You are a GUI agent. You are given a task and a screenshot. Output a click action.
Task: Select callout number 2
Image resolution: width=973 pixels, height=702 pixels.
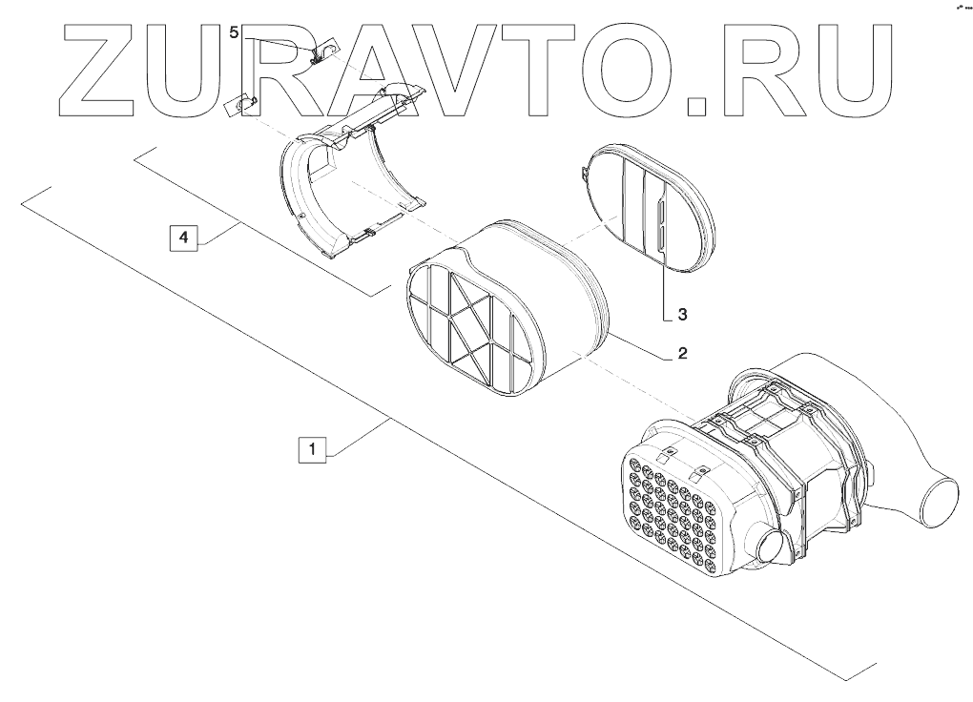(682, 354)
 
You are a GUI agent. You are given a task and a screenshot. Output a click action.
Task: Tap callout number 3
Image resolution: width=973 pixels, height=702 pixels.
(682, 312)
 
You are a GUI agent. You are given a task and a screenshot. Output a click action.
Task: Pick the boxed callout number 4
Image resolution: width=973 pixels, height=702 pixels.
(183, 237)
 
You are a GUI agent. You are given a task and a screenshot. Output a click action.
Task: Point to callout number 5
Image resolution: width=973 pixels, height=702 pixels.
(235, 32)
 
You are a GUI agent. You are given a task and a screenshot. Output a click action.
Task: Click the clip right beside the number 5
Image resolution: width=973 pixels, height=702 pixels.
(323, 50)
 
